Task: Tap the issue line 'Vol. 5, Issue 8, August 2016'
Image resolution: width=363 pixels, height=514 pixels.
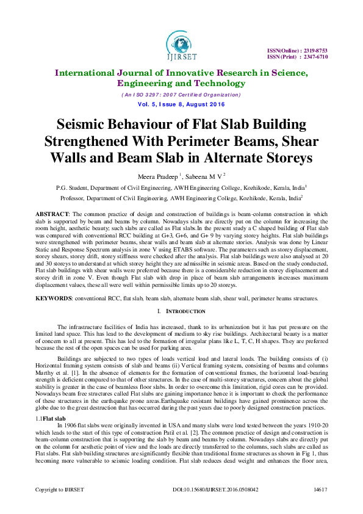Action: pos(181,105)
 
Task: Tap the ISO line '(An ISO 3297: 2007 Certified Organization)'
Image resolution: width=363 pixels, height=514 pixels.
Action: pos(181,95)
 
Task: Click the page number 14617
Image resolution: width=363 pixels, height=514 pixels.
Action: pos(321,506)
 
